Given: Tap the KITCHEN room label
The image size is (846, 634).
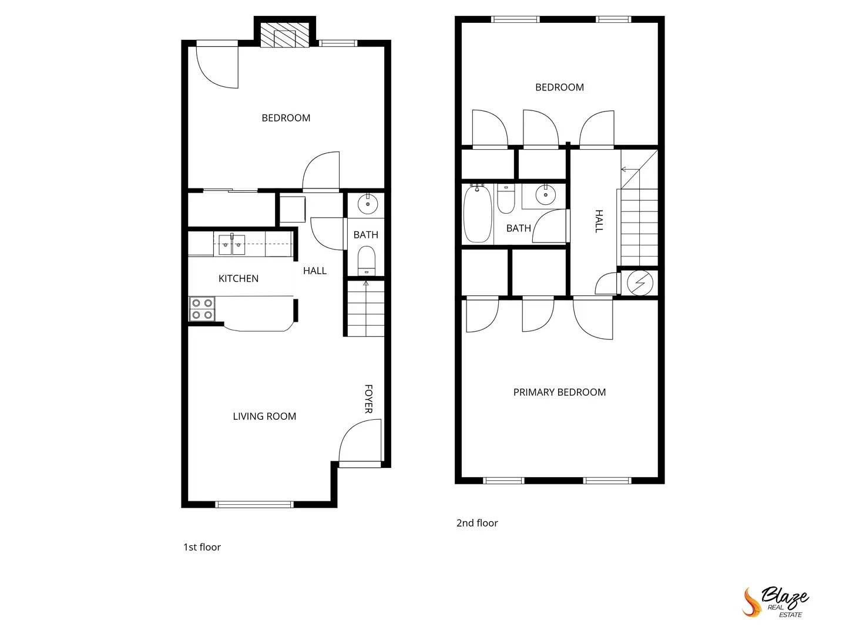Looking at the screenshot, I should [239, 278].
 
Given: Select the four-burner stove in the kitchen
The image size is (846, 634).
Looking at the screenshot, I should [202, 309].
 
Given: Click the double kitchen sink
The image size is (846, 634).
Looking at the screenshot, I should [231, 244].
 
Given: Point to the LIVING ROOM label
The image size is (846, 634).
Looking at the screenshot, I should [264, 416].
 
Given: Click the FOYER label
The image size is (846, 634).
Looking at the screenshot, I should [368, 399].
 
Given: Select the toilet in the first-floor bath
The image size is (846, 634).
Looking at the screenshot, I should [366, 261].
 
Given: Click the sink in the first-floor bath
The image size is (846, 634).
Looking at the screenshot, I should [368, 203].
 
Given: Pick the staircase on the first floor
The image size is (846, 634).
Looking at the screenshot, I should [366, 309].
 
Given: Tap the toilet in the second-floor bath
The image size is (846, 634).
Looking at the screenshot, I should [505, 199].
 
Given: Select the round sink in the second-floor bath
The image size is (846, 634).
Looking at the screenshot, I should [545, 194].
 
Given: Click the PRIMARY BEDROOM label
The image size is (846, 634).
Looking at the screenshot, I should [559, 392].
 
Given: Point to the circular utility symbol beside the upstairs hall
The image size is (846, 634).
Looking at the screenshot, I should [640, 283].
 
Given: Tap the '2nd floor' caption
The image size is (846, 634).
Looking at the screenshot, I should [477, 523].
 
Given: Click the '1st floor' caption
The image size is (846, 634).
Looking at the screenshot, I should [202, 547].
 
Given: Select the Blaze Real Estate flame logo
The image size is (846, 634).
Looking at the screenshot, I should [751, 602].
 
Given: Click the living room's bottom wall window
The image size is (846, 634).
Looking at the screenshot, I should [254, 504].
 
